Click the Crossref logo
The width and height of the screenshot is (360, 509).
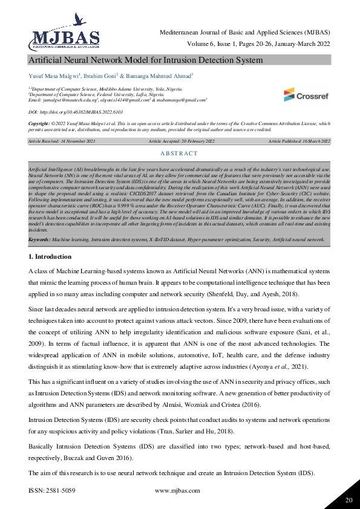[306, 94]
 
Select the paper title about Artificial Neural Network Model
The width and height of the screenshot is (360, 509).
[146, 60]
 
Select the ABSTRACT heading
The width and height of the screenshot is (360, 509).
[179, 154]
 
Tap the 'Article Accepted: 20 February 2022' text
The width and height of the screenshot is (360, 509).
[181, 140]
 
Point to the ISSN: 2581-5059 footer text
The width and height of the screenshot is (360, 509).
[52, 491]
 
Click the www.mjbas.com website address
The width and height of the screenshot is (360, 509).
[178, 491]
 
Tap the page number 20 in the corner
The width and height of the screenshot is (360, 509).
[348, 499]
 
